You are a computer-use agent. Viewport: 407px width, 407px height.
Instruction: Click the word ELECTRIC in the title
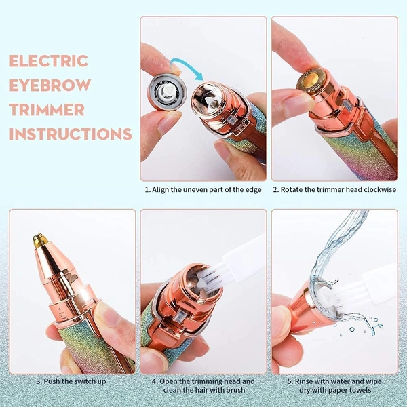(49, 60)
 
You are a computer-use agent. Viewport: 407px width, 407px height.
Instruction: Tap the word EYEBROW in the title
(48, 85)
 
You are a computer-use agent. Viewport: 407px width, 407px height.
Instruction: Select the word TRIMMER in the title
(47, 109)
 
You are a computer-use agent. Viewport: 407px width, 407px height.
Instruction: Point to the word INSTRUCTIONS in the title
(71, 134)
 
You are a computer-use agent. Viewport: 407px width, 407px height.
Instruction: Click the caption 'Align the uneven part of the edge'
(203, 189)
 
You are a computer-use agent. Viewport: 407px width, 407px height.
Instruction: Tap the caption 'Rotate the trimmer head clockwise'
(334, 189)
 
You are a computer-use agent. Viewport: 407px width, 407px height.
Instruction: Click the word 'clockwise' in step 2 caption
(377, 189)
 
